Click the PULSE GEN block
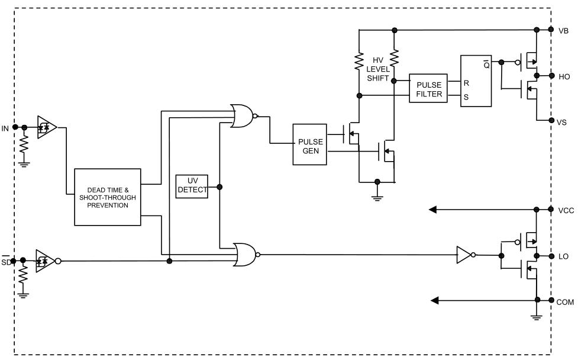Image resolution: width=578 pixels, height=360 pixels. pyautogui.click(x=309, y=144)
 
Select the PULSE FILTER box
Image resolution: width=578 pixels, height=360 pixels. pyautogui.click(x=428, y=88)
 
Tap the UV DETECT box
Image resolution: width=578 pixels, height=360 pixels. pyautogui.click(x=192, y=187)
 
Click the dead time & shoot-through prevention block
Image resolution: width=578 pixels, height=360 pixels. pyautogui.click(x=108, y=197)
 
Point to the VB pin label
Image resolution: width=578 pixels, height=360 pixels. pyautogui.click(x=563, y=31)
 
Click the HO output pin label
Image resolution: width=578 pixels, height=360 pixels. pyautogui.click(x=564, y=77)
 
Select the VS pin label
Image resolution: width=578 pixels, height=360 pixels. pyautogui.click(x=561, y=122)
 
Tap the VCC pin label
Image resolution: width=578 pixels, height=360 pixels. pyautogui.click(x=566, y=210)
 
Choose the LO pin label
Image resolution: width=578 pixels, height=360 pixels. pyautogui.click(x=563, y=256)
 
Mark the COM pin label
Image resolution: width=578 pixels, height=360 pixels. pyautogui.click(x=565, y=302)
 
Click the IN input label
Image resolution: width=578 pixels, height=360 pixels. pyautogui.click(x=5, y=128)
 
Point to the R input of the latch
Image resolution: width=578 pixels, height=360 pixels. pyautogui.click(x=466, y=83)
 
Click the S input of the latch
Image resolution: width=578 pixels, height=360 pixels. pyautogui.click(x=466, y=97)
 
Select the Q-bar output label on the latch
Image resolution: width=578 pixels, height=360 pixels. pyautogui.click(x=486, y=65)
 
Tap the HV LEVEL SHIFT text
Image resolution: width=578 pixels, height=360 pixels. pyautogui.click(x=378, y=69)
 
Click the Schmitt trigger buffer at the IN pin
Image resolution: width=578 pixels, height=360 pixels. pyautogui.click(x=47, y=127)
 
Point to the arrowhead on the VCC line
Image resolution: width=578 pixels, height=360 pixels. pyautogui.click(x=433, y=210)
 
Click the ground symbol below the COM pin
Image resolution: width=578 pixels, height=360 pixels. pyautogui.click(x=537, y=316)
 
